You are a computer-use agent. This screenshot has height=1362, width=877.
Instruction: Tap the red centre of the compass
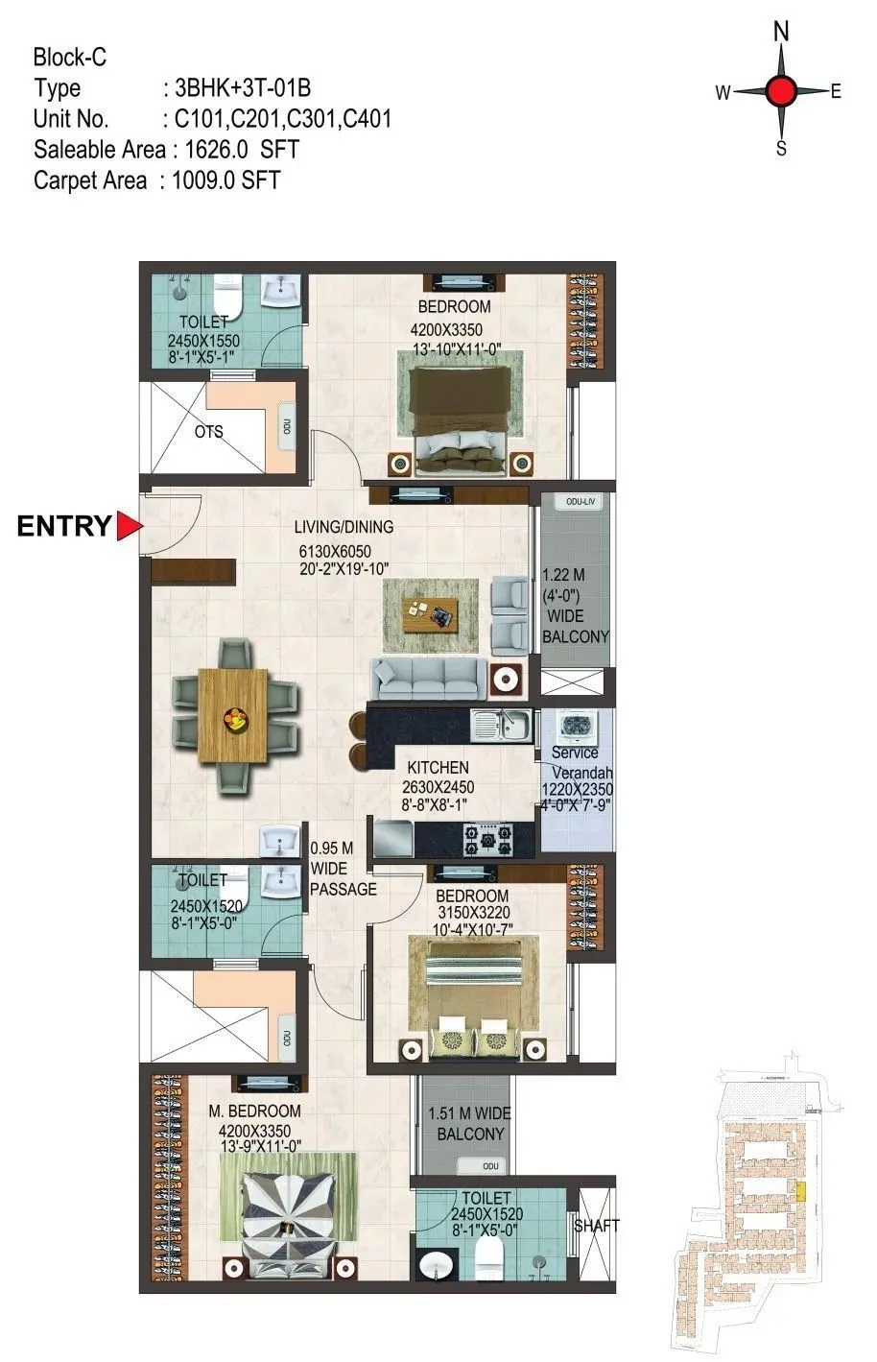[x=782, y=92]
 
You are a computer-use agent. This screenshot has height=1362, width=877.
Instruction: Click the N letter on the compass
[x=782, y=33]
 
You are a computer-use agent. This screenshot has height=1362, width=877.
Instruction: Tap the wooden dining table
[x=233, y=715]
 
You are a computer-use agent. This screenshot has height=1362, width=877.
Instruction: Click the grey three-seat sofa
[x=428, y=679]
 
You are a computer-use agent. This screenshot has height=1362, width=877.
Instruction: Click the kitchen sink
[x=501, y=726]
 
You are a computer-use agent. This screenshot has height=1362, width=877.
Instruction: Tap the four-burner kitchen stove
[x=488, y=840]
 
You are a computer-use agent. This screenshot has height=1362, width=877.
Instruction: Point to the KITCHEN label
[x=438, y=768]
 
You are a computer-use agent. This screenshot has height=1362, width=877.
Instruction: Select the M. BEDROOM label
[x=254, y=1111]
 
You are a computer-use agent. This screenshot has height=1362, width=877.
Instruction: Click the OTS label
[x=208, y=432]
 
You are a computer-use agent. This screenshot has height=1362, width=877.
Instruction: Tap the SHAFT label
[x=596, y=1226]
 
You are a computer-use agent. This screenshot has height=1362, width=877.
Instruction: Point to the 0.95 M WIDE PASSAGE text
[x=343, y=869]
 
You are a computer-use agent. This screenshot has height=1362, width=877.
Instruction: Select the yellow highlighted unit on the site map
[x=802, y=1190]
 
